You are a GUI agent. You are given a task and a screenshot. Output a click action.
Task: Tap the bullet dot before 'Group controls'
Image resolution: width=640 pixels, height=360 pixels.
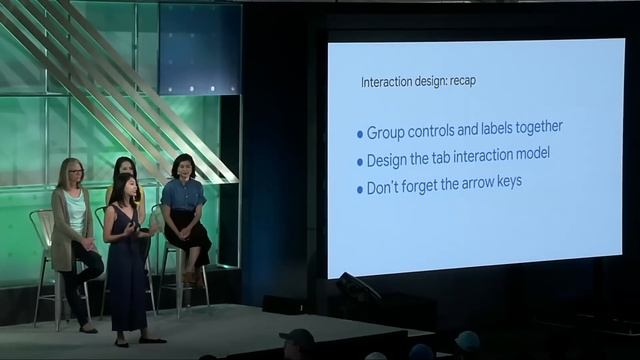360,133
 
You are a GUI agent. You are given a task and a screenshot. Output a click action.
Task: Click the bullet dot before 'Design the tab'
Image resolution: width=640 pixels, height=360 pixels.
360,161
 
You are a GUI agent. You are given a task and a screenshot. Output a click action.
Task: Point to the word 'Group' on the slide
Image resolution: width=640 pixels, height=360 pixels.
386,131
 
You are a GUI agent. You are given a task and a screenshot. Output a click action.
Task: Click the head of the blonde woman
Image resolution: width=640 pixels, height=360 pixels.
71,172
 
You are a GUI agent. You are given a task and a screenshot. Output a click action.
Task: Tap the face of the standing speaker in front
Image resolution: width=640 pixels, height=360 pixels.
127,188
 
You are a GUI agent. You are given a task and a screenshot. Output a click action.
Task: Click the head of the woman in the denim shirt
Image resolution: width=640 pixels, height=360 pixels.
183,166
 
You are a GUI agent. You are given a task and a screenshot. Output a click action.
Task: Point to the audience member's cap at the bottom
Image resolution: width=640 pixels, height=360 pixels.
297,336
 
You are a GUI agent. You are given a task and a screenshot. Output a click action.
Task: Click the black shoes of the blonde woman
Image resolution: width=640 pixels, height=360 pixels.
87,328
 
